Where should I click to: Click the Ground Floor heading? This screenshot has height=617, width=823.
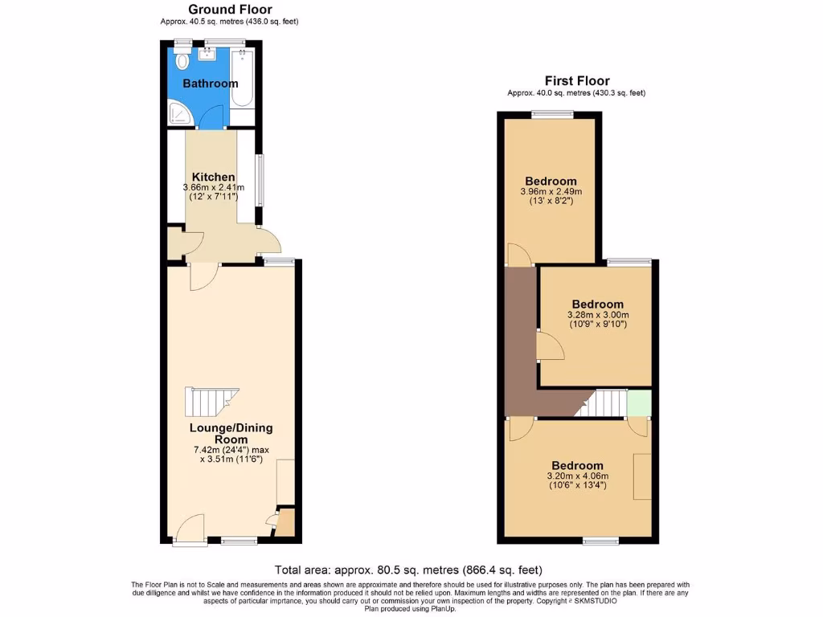(x=229, y=10)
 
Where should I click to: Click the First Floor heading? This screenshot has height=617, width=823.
(x=576, y=80)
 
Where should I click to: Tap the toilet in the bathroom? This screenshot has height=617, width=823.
(x=182, y=60)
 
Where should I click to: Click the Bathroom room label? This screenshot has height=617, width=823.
(x=210, y=84)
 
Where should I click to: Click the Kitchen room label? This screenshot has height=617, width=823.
(x=213, y=177)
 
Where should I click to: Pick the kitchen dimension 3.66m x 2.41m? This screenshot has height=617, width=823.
(x=213, y=188)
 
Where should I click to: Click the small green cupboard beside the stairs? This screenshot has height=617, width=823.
(x=639, y=403)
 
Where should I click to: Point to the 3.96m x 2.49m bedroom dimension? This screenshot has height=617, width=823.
(x=551, y=192)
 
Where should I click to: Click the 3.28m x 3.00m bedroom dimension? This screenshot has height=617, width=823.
(x=598, y=315)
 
